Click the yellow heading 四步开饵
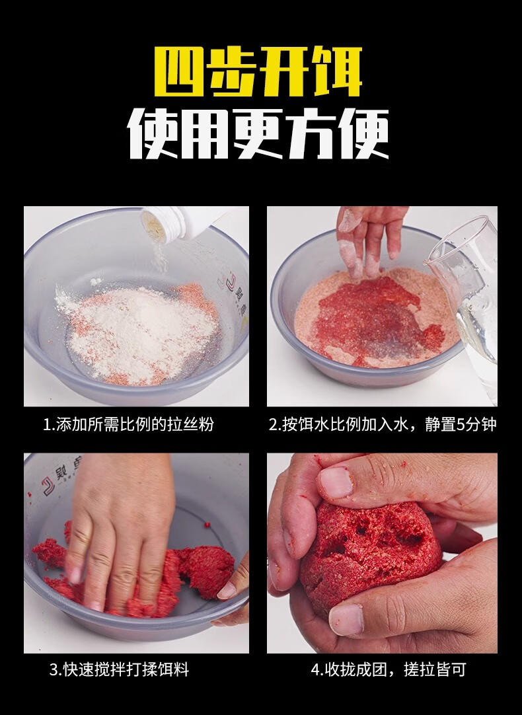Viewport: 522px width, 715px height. (258, 72)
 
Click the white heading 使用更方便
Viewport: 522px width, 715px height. (258, 133)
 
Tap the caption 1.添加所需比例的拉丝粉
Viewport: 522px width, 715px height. (129, 424)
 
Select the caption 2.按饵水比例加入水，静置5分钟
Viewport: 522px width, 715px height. (382, 424)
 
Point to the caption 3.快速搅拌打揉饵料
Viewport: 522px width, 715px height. (120, 670)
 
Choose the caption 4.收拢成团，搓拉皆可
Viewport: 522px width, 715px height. (389, 670)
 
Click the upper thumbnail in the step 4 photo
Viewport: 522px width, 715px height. (335, 482)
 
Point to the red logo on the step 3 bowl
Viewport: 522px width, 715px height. (48, 485)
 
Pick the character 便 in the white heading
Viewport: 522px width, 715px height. (363, 133)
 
